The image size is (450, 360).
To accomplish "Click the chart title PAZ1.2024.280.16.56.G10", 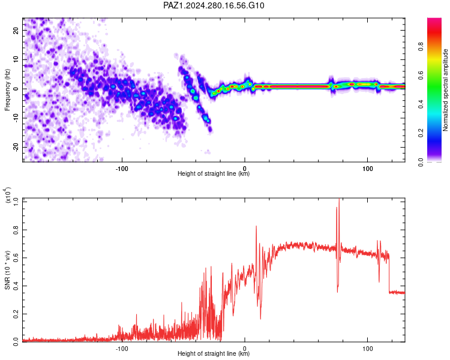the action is pyautogui.click(x=214, y=5).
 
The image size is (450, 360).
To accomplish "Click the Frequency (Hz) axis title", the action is pyautogui.click(x=7, y=90).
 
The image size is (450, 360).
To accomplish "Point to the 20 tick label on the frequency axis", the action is pyautogui.click(x=16, y=30).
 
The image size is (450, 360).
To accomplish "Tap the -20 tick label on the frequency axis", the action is pyautogui.click(x=16, y=148).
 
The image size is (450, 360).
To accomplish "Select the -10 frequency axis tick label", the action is pyautogui.click(x=16, y=118).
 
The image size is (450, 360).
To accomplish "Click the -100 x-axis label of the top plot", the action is pyautogui.click(x=122, y=169).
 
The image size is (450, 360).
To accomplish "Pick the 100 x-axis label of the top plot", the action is pyautogui.click(x=368, y=169).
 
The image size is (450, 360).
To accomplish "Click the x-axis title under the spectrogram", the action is pyautogui.click(x=214, y=173).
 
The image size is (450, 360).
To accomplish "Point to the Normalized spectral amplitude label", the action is pyautogui.click(x=445, y=90).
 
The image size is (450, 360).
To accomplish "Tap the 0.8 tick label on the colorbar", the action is pyautogui.click(x=421, y=47).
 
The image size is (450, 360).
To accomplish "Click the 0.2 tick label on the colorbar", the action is pyautogui.click(x=421, y=133).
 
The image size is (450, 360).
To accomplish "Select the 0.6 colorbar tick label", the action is pyautogui.click(x=421, y=76).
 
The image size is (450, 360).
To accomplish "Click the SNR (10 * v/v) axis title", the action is pyautogui.click(x=7, y=270).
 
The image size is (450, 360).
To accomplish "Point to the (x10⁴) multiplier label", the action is pyautogui.click(x=8, y=195).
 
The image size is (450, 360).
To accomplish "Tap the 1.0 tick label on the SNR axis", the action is pyautogui.click(x=16, y=202).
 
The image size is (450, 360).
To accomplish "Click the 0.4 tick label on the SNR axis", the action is pyautogui.click(x=16, y=286).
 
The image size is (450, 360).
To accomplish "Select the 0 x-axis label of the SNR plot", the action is pyautogui.click(x=245, y=349).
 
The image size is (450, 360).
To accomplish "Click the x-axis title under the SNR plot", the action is pyautogui.click(x=214, y=353).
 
